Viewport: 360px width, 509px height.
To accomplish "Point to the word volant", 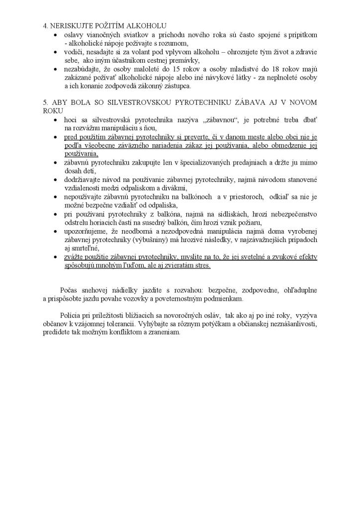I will (125, 52).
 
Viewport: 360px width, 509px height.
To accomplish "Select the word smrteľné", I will (86, 249).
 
